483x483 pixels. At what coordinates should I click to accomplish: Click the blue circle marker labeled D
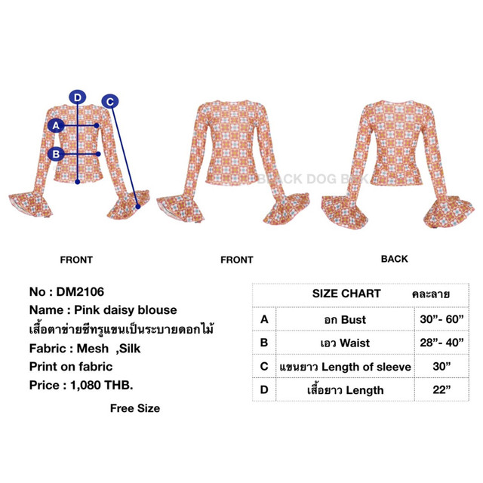tap(77, 97)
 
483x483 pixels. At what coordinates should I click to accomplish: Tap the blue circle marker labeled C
tap(110, 101)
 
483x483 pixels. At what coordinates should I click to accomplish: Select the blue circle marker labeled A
tap(56, 125)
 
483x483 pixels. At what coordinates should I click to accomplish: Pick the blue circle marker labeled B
tap(56, 154)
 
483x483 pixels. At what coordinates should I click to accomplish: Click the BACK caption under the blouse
tap(394, 259)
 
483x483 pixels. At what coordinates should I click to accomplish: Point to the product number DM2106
tap(80, 292)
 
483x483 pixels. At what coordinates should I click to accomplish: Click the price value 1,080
tap(85, 386)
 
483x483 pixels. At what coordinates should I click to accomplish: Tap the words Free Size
tap(135, 408)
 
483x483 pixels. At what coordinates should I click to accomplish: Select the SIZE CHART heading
tap(346, 294)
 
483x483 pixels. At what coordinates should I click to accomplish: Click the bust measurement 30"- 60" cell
tap(441, 319)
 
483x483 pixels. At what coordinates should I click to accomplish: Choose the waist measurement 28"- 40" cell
tap(441, 343)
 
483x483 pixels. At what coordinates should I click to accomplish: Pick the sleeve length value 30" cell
tap(441, 366)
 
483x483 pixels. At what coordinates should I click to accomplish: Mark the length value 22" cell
tap(441, 389)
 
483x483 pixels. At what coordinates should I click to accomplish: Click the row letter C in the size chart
tap(264, 366)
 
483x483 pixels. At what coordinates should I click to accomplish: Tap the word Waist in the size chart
tap(355, 343)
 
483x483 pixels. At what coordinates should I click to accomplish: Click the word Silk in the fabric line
tap(130, 349)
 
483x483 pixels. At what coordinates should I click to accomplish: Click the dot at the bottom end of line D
tap(77, 182)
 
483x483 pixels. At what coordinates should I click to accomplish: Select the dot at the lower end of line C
tap(138, 206)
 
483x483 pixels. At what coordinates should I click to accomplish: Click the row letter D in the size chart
tap(264, 389)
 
